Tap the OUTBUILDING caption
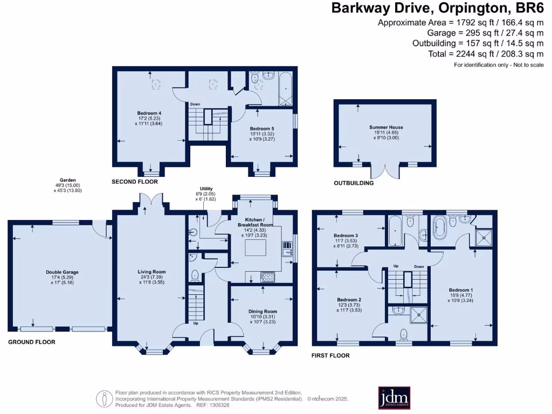click(x=354, y=183)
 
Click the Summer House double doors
click(x=385, y=171)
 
